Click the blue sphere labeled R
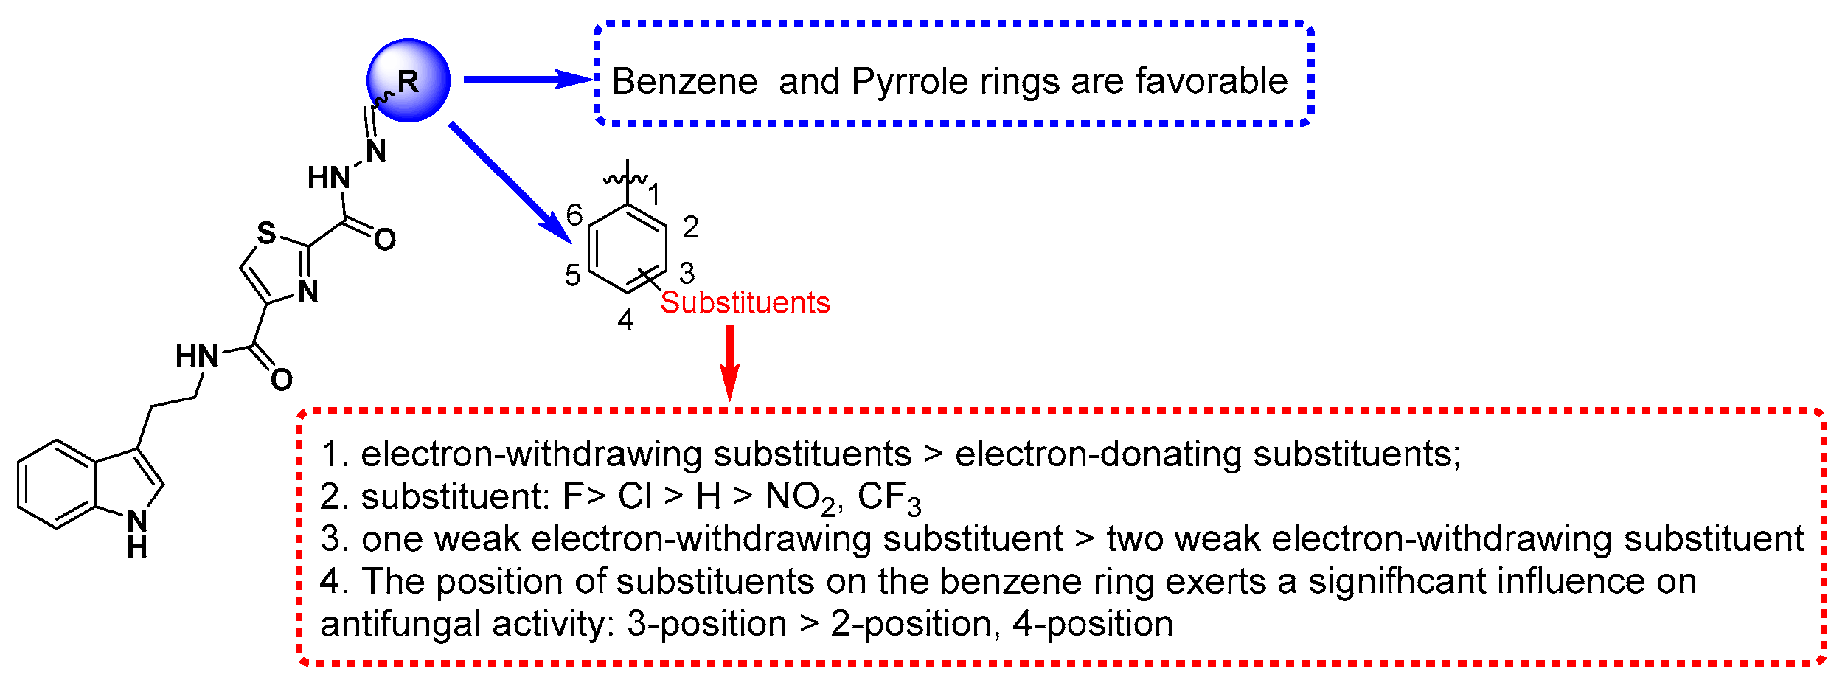tap(409, 80)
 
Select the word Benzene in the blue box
tap(684, 81)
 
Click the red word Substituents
tap(745, 302)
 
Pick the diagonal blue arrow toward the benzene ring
tap(509, 181)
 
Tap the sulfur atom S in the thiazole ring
tap(266, 234)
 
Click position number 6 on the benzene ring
tap(574, 215)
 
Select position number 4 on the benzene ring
tap(625, 320)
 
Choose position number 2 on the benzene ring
tap(690, 227)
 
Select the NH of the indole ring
tap(137, 532)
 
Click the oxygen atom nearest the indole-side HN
tap(282, 380)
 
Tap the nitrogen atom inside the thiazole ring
tap(308, 293)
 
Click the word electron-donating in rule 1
tap(1099, 454)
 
